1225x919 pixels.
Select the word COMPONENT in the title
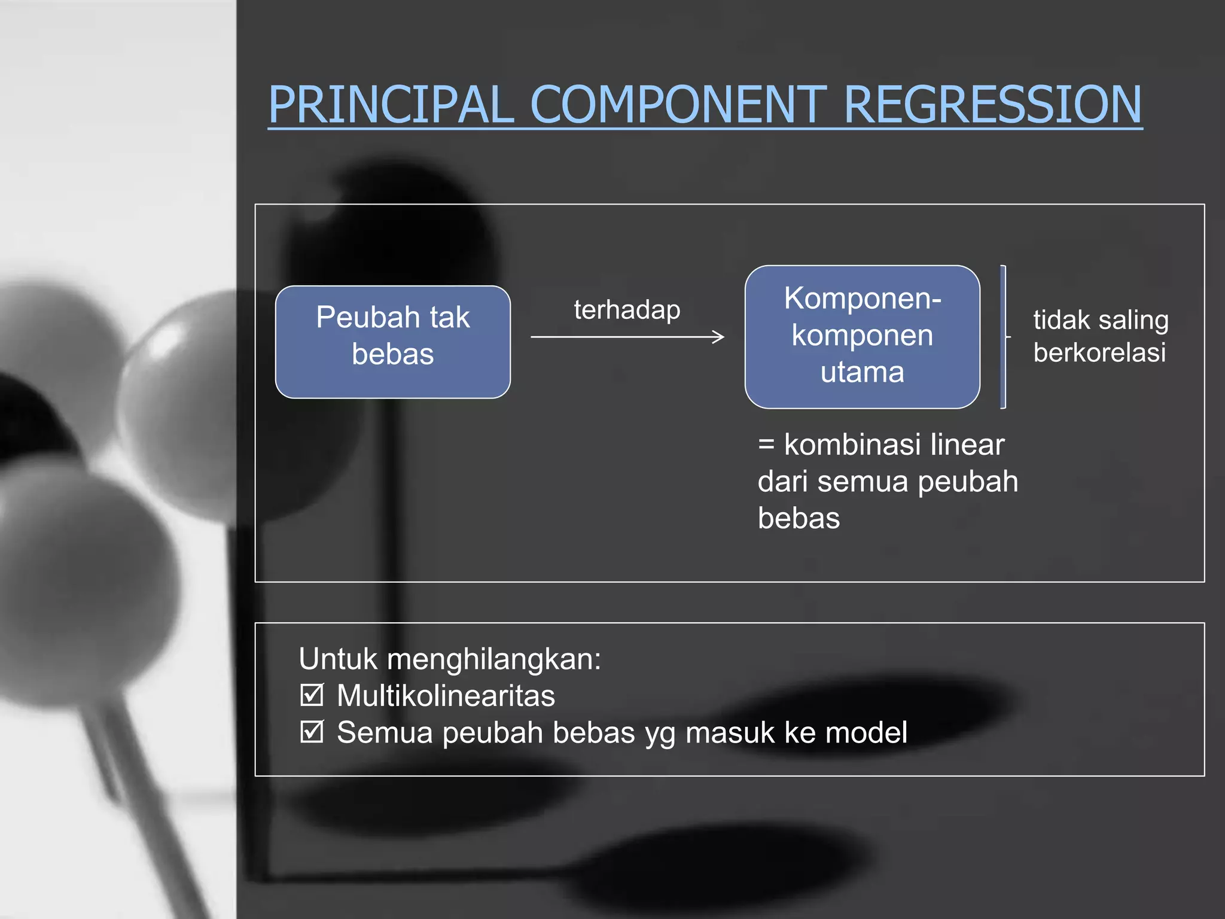[678, 105]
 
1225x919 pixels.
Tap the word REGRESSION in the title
[992, 105]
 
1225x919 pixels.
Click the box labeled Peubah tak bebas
[393, 342]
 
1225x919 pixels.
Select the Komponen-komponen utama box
[862, 336]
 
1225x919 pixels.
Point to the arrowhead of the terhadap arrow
[720, 337]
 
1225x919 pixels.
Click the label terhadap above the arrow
[627, 310]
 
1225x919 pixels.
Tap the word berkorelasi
[1099, 352]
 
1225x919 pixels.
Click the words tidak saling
[1101, 320]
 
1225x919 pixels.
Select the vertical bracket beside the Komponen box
[1003, 337]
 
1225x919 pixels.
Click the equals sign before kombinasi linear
[766, 445]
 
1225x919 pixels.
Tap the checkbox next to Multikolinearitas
[312, 695]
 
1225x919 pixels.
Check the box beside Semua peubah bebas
[312, 732]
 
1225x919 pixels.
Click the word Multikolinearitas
[446, 696]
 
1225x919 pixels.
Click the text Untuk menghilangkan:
[449, 659]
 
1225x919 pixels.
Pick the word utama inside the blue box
[862, 372]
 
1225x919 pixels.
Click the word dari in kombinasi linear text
[782, 482]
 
